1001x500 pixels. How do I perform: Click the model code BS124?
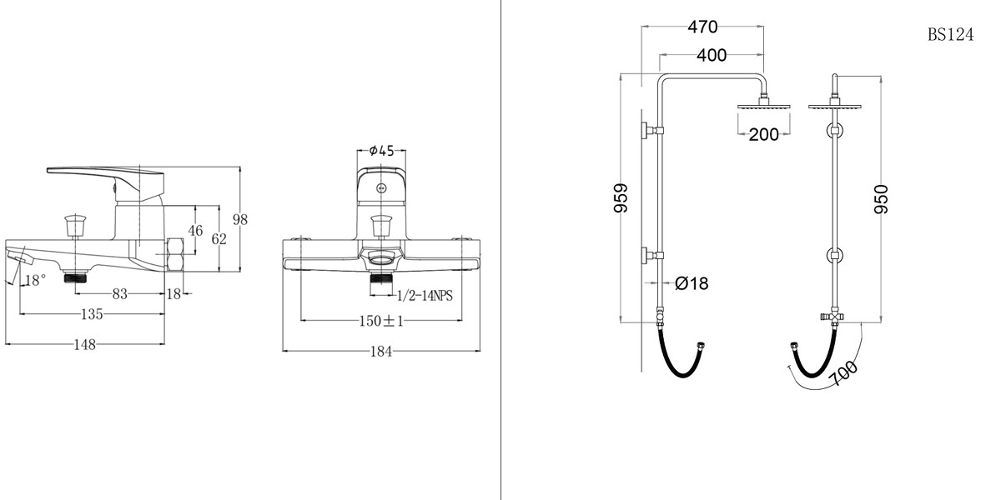tap(950, 35)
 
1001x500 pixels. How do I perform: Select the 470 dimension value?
tap(702, 27)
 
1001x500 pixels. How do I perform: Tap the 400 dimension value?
tap(711, 56)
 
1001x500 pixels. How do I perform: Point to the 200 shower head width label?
tap(763, 134)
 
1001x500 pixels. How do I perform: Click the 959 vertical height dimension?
tap(621, 198)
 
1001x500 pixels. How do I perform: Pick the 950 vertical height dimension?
tap(881, 198)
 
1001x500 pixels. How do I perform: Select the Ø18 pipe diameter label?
tap(691, 284)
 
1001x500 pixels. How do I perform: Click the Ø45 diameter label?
tap(381, 151)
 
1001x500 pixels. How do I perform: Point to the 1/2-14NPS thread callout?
tap(425, 296)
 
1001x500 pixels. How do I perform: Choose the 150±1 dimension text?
tap(381, 321)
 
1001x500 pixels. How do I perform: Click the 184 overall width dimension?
tap(381, 352)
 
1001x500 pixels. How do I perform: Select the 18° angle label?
tap(35, 281)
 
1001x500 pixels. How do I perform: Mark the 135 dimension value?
tap(91, 314)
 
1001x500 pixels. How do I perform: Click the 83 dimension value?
tap(120, 293)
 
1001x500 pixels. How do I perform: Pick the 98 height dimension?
tap(240, 219)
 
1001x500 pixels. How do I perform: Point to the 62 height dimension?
tap(219, 239)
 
